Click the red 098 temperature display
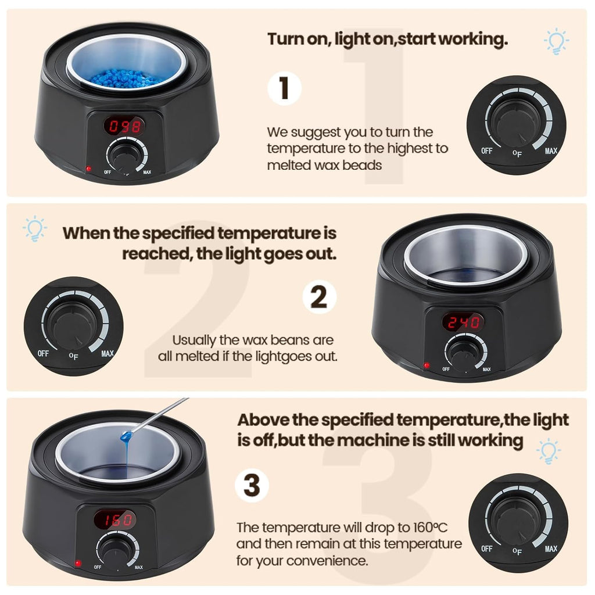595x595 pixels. coord(124,126)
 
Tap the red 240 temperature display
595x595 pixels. coord(463,322)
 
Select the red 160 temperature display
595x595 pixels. coord(116,520)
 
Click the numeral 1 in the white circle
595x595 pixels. coord(284,88)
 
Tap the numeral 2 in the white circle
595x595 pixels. coord(319,297)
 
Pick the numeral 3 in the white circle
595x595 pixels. coord(252,485)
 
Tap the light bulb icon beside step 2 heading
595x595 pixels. coord(35,228)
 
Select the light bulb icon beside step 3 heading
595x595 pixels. coord(549,451)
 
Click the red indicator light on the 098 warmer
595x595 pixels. coord(89,169)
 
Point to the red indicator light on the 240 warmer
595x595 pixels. coord(426,365)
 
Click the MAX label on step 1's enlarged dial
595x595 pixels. coord(551,151)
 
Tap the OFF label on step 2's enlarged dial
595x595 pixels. coord(43,354)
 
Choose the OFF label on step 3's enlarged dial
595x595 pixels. coord(487,549)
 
